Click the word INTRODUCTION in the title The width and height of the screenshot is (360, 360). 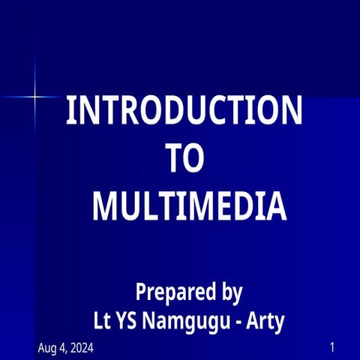pos(184,110)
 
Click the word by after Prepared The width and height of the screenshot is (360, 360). pos(229,291)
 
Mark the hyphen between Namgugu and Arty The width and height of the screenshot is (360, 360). pos(239,322)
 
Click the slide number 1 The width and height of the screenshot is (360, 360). pos(331,348)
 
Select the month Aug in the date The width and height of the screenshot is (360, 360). pos(47,349)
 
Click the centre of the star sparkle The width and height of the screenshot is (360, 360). pos(34,96)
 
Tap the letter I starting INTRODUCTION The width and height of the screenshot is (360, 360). pos(70,110)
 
